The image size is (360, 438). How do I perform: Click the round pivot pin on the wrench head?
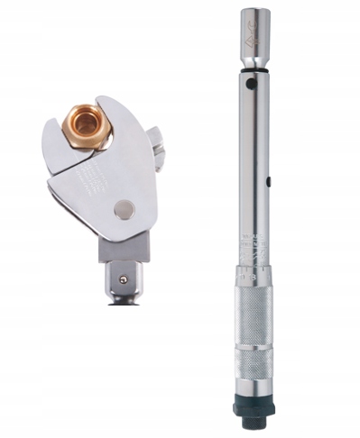(124, 210)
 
